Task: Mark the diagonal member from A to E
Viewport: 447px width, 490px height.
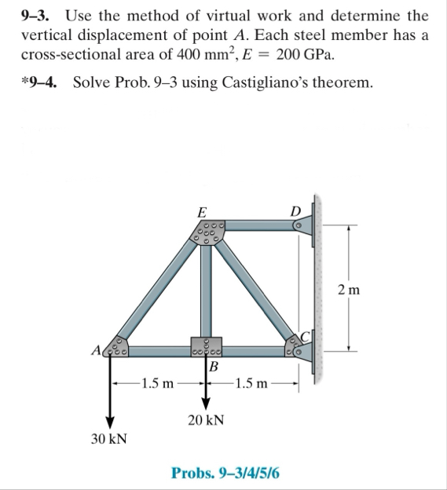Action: [x=157, y=287]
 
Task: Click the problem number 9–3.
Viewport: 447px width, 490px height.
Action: [x=35, y=15]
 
